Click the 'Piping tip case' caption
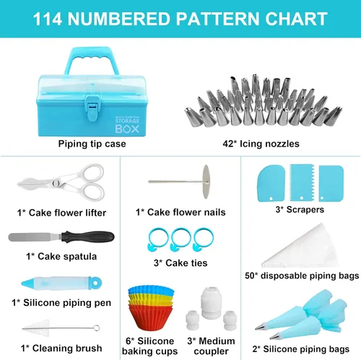pos(92,144)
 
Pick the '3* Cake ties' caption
pos(180,263)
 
